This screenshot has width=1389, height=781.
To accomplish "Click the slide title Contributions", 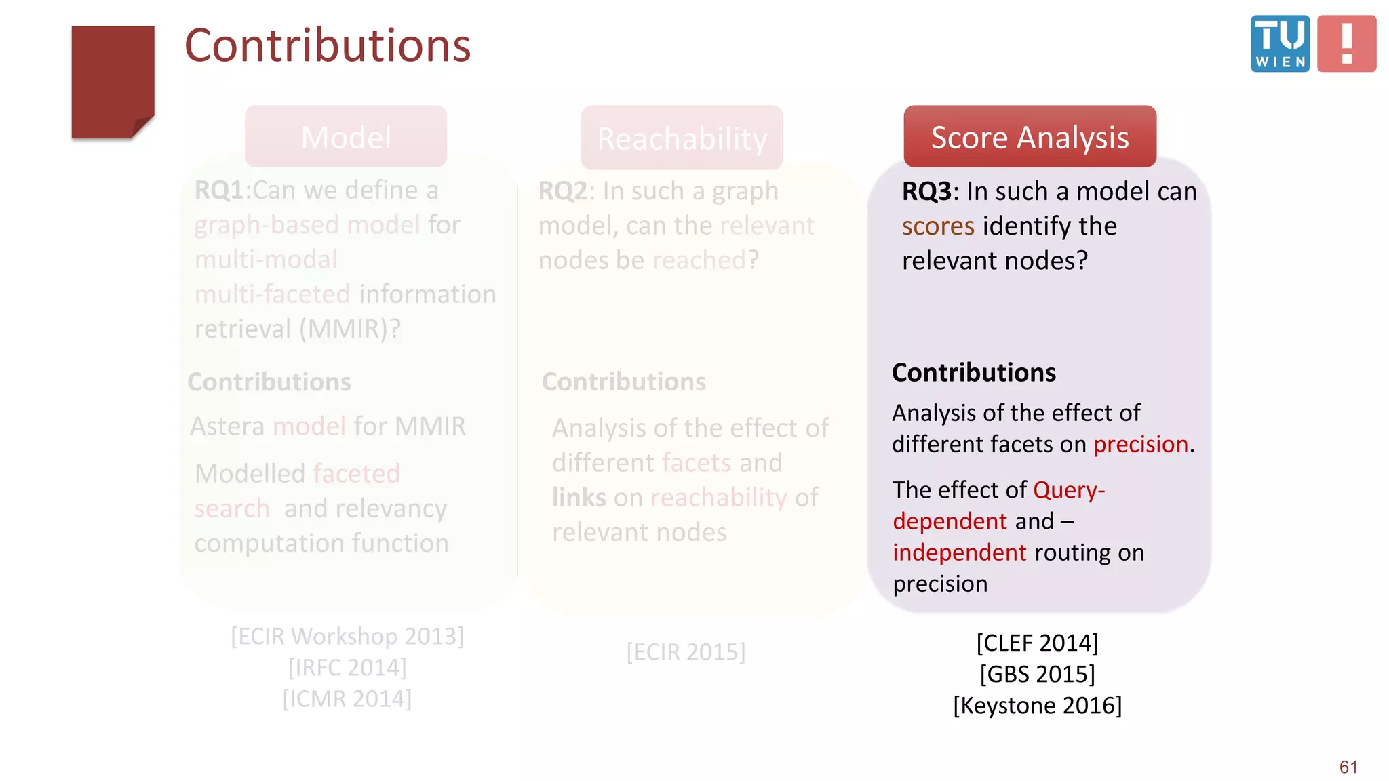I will pos(328,46).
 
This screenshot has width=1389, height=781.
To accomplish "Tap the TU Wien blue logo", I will pos(1279,43).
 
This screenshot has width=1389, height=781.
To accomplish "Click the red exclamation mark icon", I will pos(1346,43).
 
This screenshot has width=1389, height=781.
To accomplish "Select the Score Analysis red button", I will pos(1029,137).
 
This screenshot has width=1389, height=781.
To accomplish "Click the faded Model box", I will pos(346,137).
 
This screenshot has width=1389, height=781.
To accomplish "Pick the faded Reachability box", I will pos(682,138).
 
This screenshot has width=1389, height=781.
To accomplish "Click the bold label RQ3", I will pos(926,192).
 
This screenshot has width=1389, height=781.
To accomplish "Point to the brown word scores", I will pos(938,226).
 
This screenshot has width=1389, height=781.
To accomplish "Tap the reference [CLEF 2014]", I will pos(1037,643).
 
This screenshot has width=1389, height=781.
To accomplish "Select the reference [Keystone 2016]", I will pos(1037,706).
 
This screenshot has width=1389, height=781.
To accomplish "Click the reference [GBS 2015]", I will pos(1037,675).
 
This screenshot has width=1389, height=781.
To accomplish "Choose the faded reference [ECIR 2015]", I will pos(686,652).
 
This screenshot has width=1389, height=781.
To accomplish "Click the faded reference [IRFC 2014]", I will pos(347,668).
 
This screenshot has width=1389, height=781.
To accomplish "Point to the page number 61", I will pos(1348,767).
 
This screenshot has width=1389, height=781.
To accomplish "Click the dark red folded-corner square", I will pos(112,82).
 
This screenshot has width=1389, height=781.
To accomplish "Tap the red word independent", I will pos(959,553).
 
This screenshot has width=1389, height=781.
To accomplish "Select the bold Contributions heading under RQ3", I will pos(973,373).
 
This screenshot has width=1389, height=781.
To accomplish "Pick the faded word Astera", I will pos(228,426).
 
